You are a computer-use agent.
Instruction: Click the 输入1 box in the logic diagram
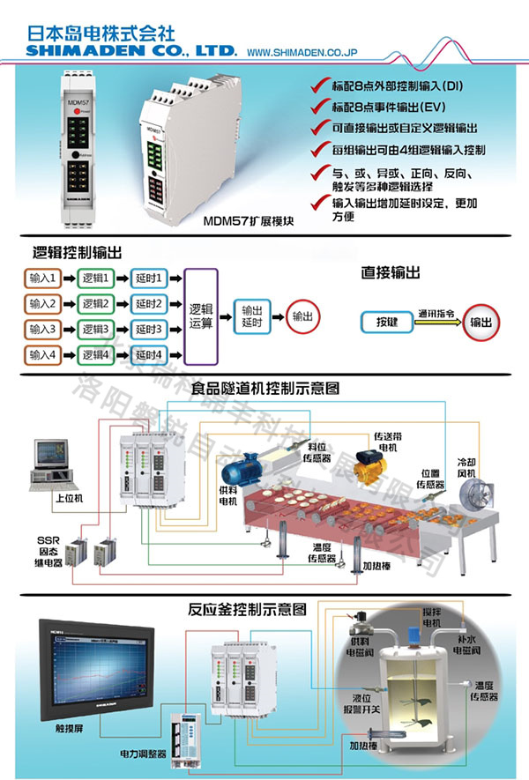[x=41, y=279]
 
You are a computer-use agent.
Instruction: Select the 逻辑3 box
[x=95, y=330]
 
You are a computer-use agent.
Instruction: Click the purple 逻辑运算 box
[x=203, y=316]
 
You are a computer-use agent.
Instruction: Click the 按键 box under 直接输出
[x=388, y=323]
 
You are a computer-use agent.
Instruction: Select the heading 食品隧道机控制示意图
[x=264, y=388]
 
